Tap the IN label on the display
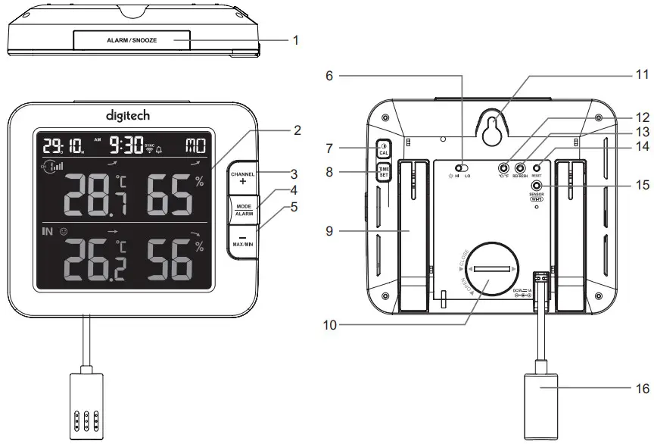(x=47, y=232)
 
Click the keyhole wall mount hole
(x=493, y=128)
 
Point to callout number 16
(x=641, y=387)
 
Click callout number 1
(x=296, y=39)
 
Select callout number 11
(x=641, y=76)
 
